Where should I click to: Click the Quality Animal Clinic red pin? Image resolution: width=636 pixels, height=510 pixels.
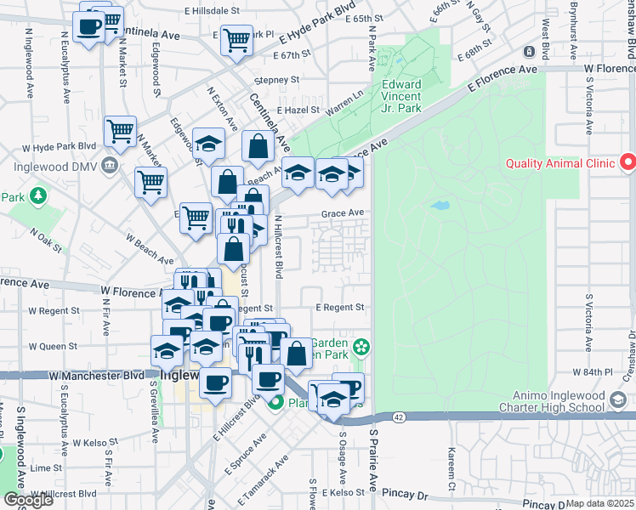point(627,161)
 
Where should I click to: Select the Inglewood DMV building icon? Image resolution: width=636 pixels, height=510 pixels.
point(108,165)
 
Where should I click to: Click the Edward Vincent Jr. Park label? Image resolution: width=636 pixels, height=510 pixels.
point(401,97)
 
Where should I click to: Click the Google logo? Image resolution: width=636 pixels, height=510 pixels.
point(27,500)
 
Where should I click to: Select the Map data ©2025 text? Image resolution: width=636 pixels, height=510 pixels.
point(600,503)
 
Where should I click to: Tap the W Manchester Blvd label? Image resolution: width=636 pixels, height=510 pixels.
point(96,374)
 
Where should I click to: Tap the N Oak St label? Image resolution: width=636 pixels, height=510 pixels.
point(46,234)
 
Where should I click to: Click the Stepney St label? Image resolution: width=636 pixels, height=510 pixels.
point(276,80)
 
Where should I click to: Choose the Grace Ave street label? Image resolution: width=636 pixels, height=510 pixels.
point(342,213)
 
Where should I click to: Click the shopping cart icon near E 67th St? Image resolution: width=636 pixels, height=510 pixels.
point(235,38)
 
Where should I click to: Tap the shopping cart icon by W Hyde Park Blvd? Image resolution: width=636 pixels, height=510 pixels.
point(120,131)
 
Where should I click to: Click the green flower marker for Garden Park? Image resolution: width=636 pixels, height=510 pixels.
point(362,346)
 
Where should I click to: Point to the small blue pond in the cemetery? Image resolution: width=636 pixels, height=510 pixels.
point(440,206)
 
